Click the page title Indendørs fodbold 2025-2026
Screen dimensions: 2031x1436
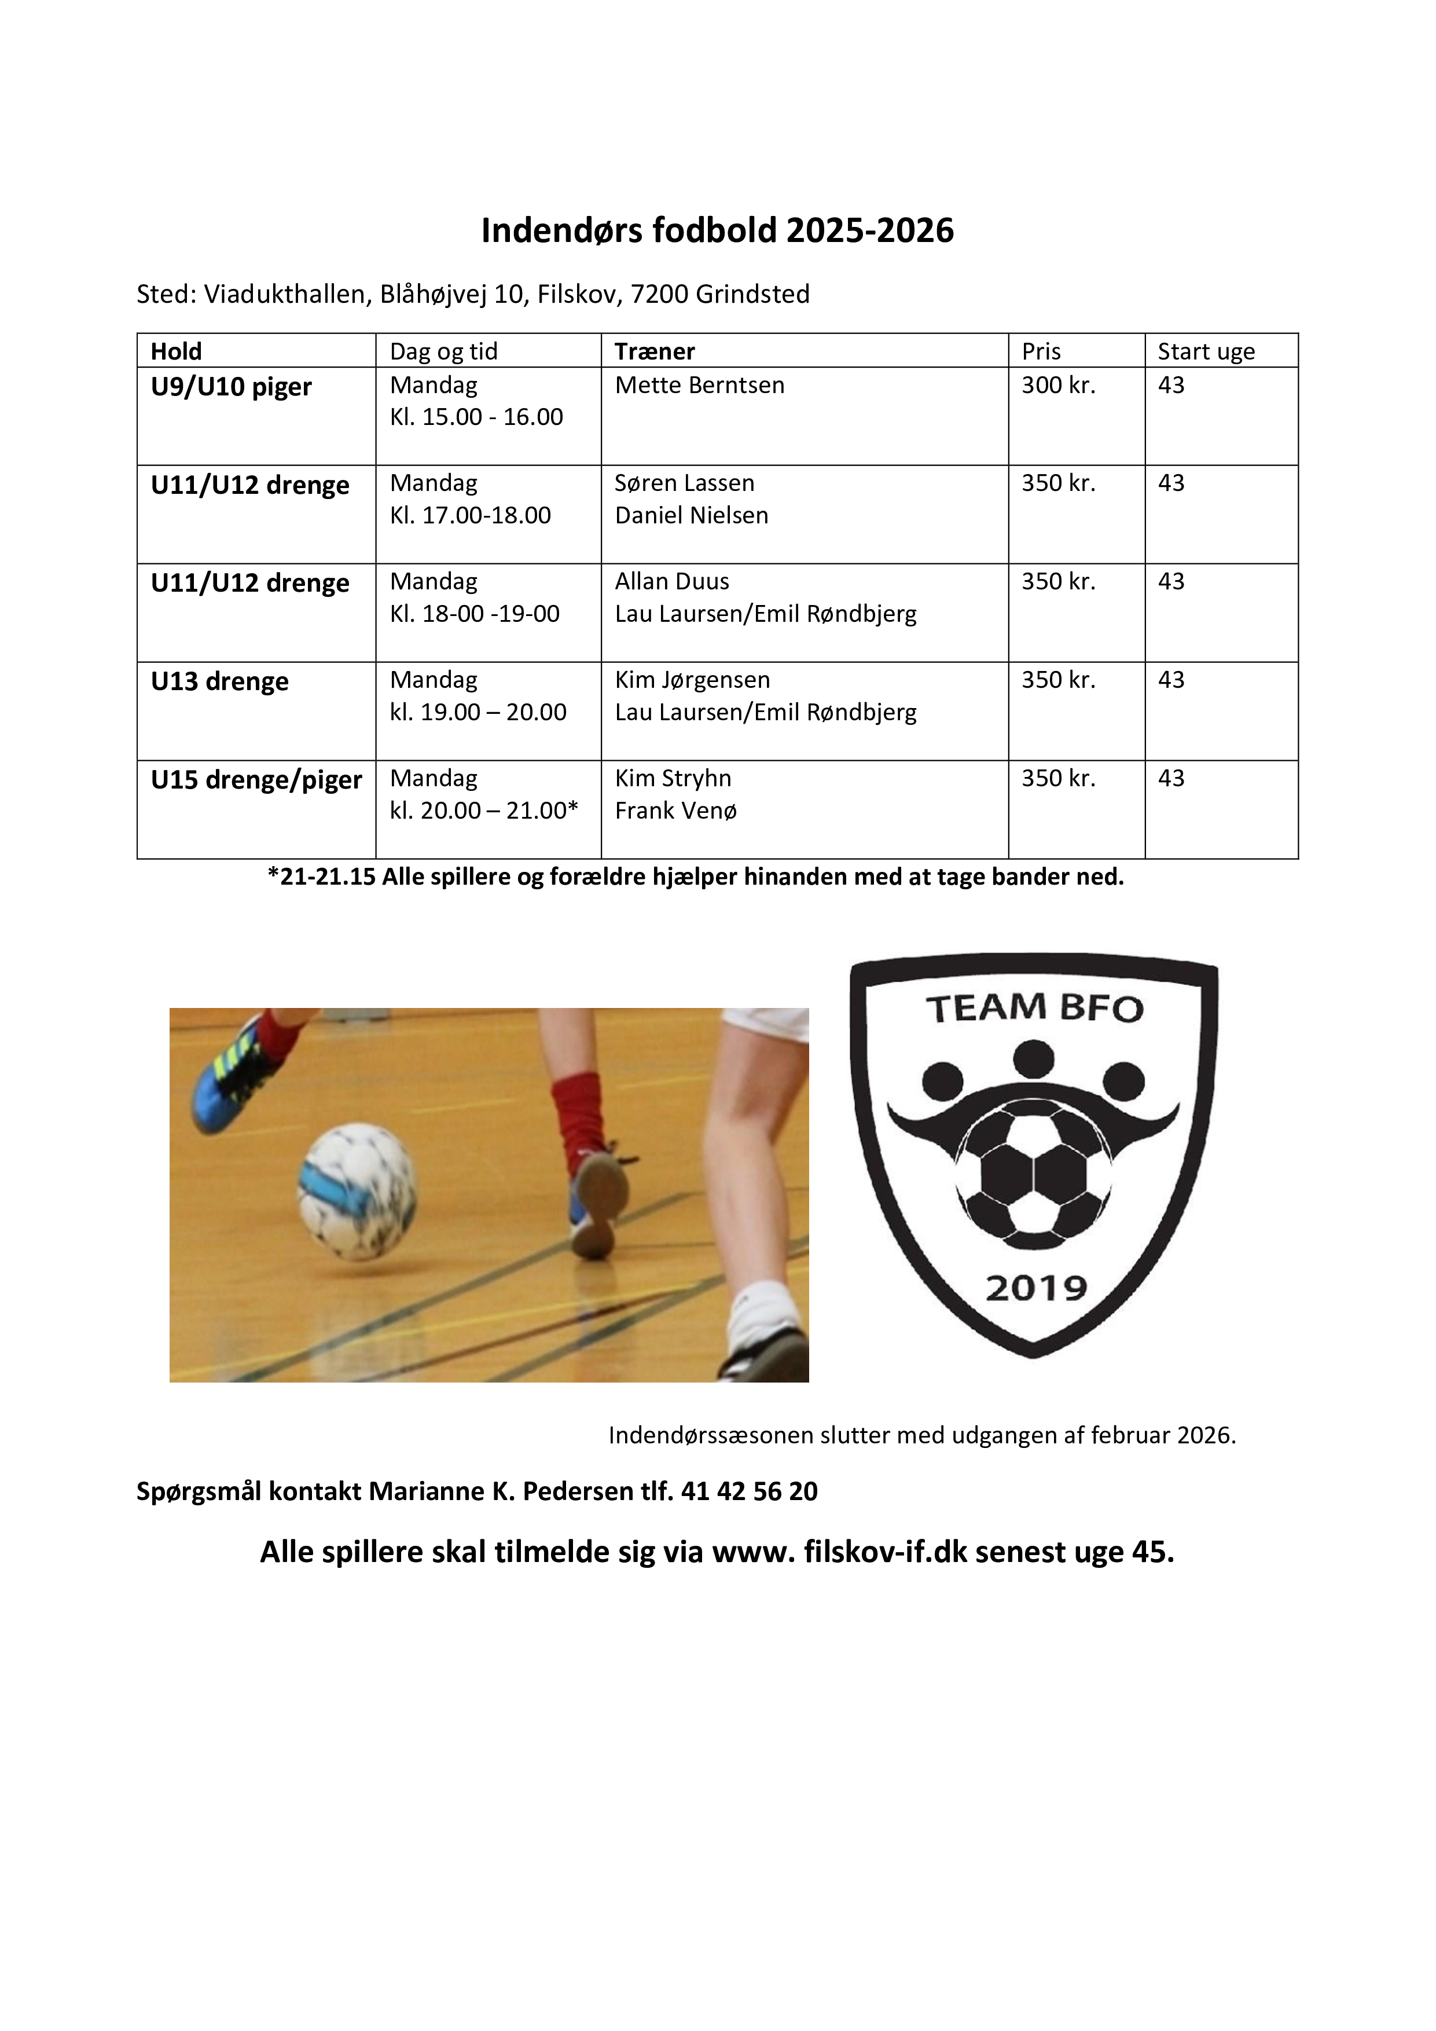(x=717, y=231)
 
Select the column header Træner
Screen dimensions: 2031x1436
(x=655, y=351)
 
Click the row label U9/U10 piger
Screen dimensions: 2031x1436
(x=231, y=387)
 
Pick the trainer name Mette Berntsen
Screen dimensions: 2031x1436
(x=699, y=386)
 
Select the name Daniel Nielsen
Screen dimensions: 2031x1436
(x=692, y=516)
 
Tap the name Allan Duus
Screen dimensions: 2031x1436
(x=672, y=582)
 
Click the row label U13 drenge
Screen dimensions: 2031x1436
(x=219, y=682)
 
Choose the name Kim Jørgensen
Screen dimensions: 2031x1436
(x=692, y=680)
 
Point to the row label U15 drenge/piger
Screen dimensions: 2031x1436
(x=256, y=780)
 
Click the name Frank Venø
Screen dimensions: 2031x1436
(x=675, y=811)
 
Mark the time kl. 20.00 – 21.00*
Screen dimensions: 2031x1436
(x=484, y=811)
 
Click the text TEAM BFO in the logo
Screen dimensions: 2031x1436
(x=1034, y=1009)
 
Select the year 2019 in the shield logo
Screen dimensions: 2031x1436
(x=1035, y=1288)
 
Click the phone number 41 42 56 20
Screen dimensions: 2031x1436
(x=749, y=1491)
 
